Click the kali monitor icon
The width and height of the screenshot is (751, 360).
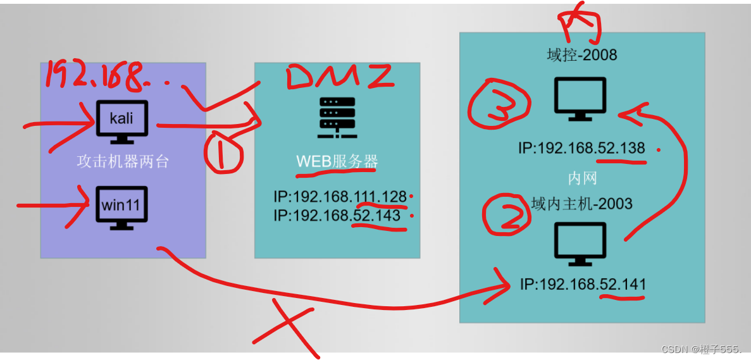122,120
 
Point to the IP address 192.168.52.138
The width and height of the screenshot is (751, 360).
581,149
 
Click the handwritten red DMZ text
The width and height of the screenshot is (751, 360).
340,77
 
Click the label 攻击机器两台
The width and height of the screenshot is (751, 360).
123,161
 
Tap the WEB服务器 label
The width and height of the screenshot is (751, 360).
337,162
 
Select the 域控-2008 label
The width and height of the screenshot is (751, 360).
581,55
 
